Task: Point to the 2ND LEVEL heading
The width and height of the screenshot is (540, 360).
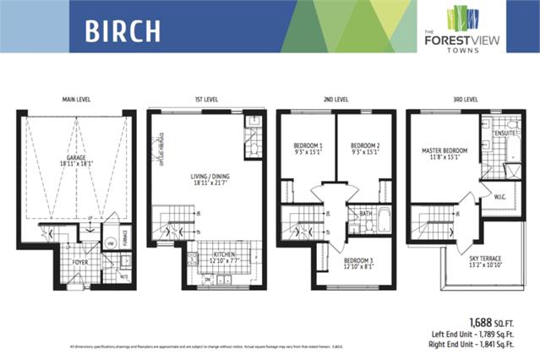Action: [x=335, y=100]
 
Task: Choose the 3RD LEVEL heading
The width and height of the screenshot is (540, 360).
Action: [x=466, y=100]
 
